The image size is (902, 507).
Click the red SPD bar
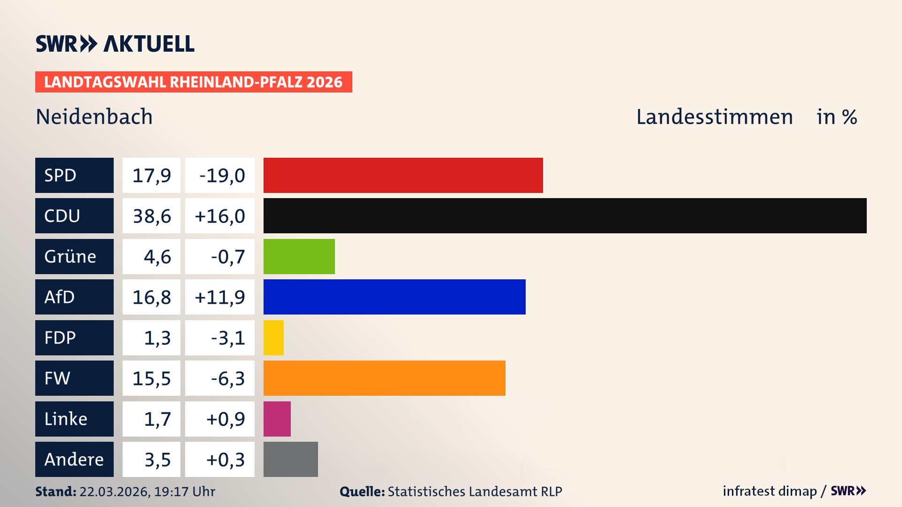(403, 175)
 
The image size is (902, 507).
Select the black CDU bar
(565, 215)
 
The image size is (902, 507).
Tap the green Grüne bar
(299, 256)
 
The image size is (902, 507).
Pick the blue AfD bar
(394, 297)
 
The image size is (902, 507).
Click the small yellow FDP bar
(273, 338)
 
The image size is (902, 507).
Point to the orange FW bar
(384, 378)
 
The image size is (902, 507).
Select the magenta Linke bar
(277, 419)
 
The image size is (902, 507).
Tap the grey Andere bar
(290, 459)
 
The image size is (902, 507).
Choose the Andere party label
(74, 459)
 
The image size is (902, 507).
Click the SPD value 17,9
(151, 175)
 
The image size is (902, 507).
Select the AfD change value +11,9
(219, 297)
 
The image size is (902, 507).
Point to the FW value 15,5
(151, 378)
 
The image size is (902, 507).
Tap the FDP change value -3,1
(227, 338)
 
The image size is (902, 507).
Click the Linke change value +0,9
(225, 419)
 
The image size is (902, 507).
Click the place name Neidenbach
(94, 116)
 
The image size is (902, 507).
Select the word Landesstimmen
(714, 116)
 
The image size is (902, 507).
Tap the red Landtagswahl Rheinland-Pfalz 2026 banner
(193, 82)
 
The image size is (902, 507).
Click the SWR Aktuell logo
(115, 44)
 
